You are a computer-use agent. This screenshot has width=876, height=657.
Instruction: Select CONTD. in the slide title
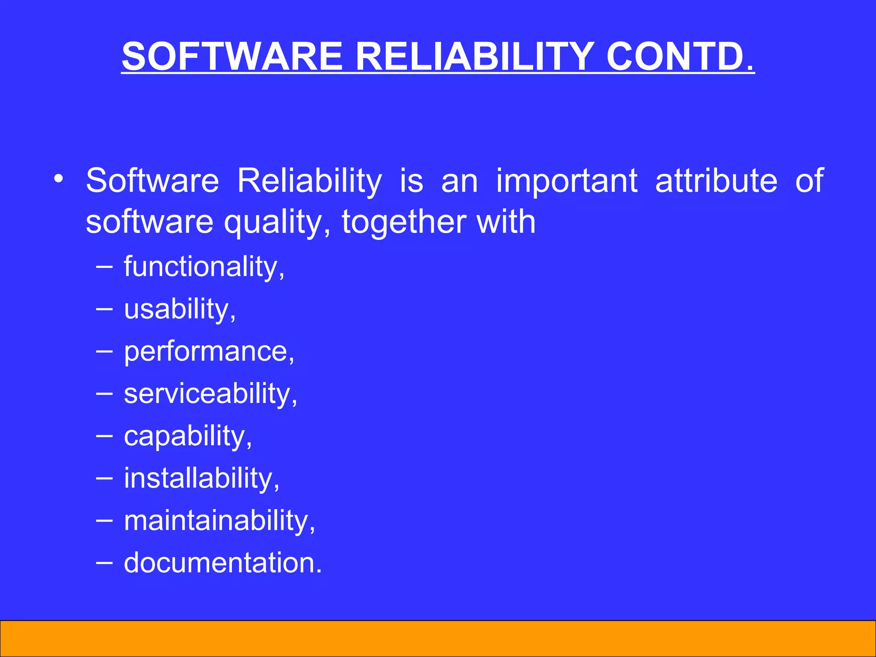680,56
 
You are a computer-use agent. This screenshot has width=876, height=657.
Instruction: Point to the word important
567,181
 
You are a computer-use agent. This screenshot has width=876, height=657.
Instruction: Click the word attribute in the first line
716,181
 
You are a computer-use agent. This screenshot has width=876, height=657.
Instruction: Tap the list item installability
201,478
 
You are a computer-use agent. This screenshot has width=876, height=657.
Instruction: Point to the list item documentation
222,563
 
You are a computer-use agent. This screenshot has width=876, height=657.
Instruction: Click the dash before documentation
104,563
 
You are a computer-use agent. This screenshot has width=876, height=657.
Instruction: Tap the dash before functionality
104,267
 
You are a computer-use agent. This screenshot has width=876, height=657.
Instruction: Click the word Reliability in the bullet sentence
309,181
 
